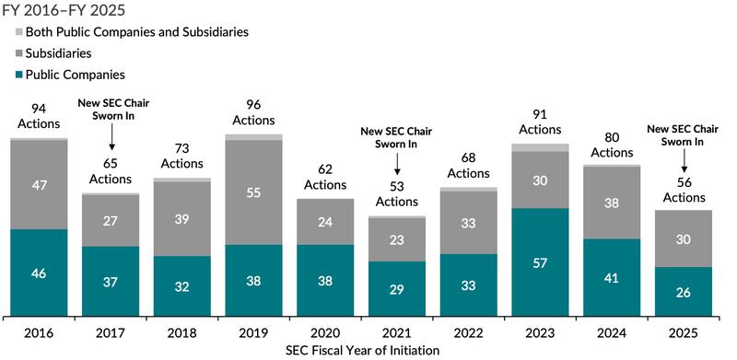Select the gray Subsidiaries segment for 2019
(x=254, y=192)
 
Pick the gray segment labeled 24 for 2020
(x=325, y=222)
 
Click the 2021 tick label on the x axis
(x=396, y=331)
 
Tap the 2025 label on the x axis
(x=683, y=331)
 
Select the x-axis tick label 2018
(x=182, y=331)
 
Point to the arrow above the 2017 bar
(x=111, y=137)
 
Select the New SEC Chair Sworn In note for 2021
(x=396, y=137)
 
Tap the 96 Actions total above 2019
(x=254, y=112)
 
